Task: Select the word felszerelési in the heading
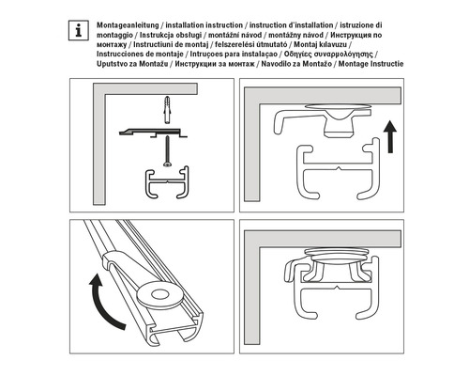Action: pyautogui.click(x=273, y=45)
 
